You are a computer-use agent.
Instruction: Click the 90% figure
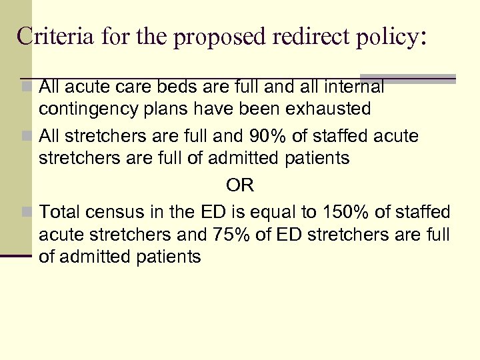(x=287, y=137)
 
